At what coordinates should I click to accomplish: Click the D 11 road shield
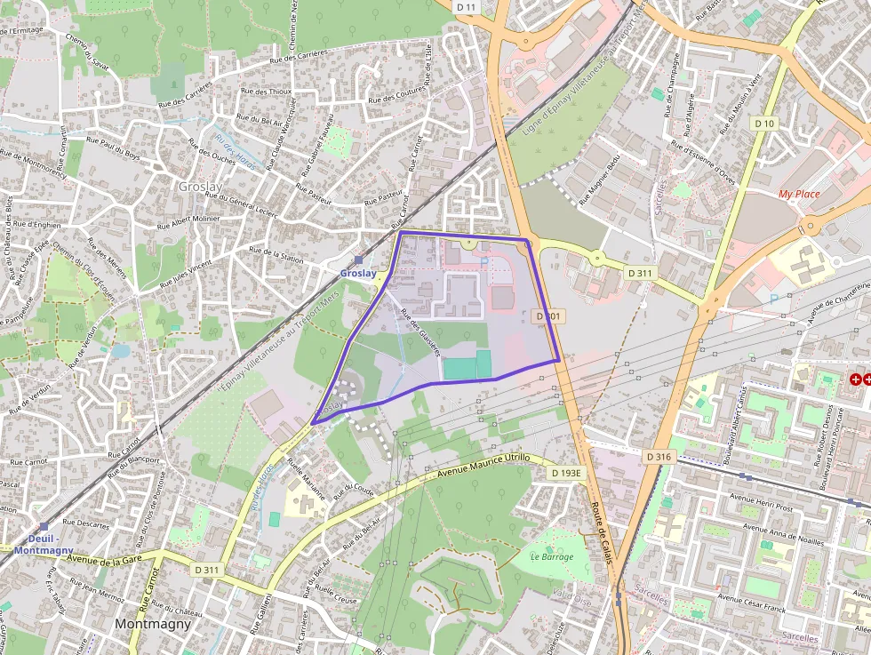(467, 6)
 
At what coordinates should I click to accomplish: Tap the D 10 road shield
(763, 123)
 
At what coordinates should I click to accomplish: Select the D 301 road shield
(547, 316)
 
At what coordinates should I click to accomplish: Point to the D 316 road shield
(659, 456)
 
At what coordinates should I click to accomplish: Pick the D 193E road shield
(565, 473)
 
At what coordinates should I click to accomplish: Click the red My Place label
(798, 194)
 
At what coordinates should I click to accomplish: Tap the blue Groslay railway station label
(357, 273)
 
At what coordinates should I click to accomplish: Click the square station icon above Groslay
(358, 260)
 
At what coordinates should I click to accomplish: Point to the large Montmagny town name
(152, 624)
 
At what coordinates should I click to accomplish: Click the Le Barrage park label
(552, 556)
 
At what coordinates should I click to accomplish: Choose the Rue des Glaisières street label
(420, 332)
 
